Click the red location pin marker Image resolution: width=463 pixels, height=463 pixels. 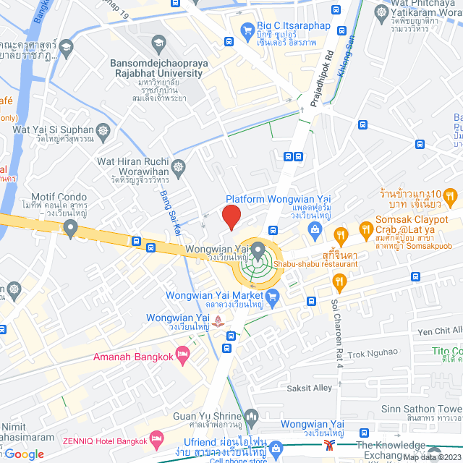tap(231, 216)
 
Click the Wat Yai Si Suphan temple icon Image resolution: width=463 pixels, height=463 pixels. tap(103, 130)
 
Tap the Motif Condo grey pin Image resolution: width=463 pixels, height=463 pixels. tap(70, 228)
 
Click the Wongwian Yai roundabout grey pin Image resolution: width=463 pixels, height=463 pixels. tap(259, 250)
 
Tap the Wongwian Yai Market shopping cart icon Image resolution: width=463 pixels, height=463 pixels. tap(273, 295)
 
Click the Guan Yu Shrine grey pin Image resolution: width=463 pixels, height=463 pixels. tap(252, 416)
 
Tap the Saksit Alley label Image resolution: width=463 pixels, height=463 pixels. tap(308, 388)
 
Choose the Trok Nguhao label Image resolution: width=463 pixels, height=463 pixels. tap(373, 352)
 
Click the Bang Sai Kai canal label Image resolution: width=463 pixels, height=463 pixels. tap(171, 213)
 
